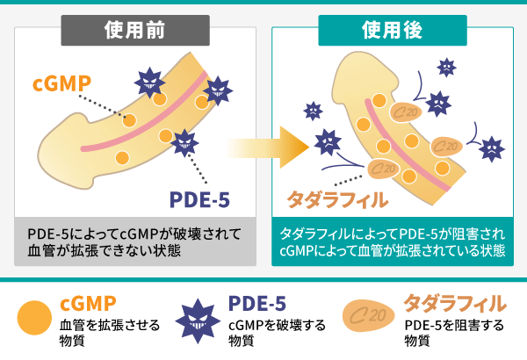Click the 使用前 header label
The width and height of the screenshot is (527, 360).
(x=134, y=30)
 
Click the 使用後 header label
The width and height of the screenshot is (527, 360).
(x=392, y=30)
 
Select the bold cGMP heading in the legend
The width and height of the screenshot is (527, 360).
(x=88, y=304)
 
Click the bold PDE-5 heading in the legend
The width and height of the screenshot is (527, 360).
(x=256, y=304)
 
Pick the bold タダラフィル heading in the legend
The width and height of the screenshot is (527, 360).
(x=455, y=304)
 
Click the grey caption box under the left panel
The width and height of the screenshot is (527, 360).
(x=135, y=242)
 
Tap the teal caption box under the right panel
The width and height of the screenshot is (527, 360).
(x=392, y=242)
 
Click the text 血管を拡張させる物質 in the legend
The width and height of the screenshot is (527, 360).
(x=110, y=333)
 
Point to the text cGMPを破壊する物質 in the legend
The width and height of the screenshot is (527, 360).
(x=277, y=333)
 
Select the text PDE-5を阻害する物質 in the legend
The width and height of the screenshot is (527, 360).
(x=454, y=333)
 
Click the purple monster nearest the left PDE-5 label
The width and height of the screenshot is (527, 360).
(x=185, y=140)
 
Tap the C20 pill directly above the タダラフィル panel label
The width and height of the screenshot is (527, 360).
(x=380, y=168)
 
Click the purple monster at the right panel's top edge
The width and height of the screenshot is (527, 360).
(x=447, y=64)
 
